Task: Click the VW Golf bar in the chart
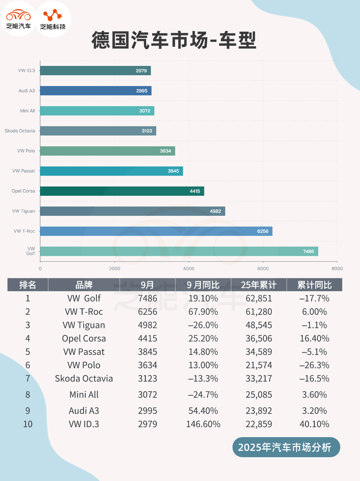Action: pyautogui.click(x=179, y=251)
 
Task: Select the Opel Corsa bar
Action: pyautogui.click(x=122, y=191)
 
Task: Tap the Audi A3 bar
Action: pyautogui.click(x=96, y=91)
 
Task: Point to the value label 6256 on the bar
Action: pyautogui.click(x=263, y=231)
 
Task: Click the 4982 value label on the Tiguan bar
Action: pyautogui.click(x=215, y=211)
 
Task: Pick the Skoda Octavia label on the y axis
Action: pyautogui.click(x=20, y=131)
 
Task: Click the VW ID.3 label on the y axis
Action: pyautogui.click(x=26, y=71)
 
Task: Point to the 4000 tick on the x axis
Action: pyautogui.click(x=189, y=268)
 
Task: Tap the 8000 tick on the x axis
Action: pyautogui.click(x=337, y=268)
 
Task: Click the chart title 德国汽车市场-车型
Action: pyautogui.click(x=174, y=40)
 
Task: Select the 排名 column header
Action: pyautogui.click(x=28, y=285)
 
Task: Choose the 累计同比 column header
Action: pyautogui.click(x=314, y=285)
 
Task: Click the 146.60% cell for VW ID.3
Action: pyautogui.click(x=203, y=424)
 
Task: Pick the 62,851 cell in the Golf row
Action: pyautogui.click(x=259, y=298)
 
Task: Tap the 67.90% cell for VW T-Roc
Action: pyautogui.click(x=203, y=312)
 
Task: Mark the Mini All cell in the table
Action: pyautogui.click(x=84, y=395)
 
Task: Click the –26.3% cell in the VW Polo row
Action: pyautogui.click(x=314, y=365)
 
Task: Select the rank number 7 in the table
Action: pyautogui.click(x=28, y=378)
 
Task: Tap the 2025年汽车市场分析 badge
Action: pyautogui.click(x=285, y=447)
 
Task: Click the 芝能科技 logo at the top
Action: pyautogui.click(x=53, y=19)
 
